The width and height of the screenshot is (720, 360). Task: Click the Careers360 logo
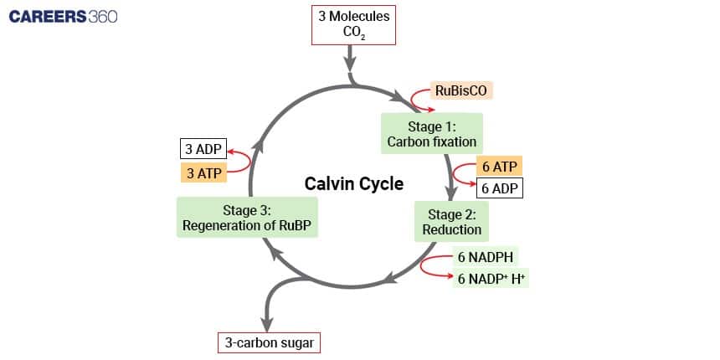click(63, 17)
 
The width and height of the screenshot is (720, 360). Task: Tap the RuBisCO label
click(460, 90)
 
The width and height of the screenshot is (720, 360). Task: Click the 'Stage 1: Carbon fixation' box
click(431, 134)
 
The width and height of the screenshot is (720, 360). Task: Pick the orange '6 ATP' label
click(500, 167)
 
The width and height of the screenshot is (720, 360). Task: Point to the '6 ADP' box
click(500, 188)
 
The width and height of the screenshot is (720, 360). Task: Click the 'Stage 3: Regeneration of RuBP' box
click(248, 218)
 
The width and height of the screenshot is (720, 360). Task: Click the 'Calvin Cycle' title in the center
click(353, 183)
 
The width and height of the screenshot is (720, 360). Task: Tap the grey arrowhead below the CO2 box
click(352, 65)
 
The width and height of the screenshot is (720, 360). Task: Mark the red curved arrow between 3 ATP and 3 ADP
click(241, 161)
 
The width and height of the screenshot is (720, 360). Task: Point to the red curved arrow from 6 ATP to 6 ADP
click(460, 176)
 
